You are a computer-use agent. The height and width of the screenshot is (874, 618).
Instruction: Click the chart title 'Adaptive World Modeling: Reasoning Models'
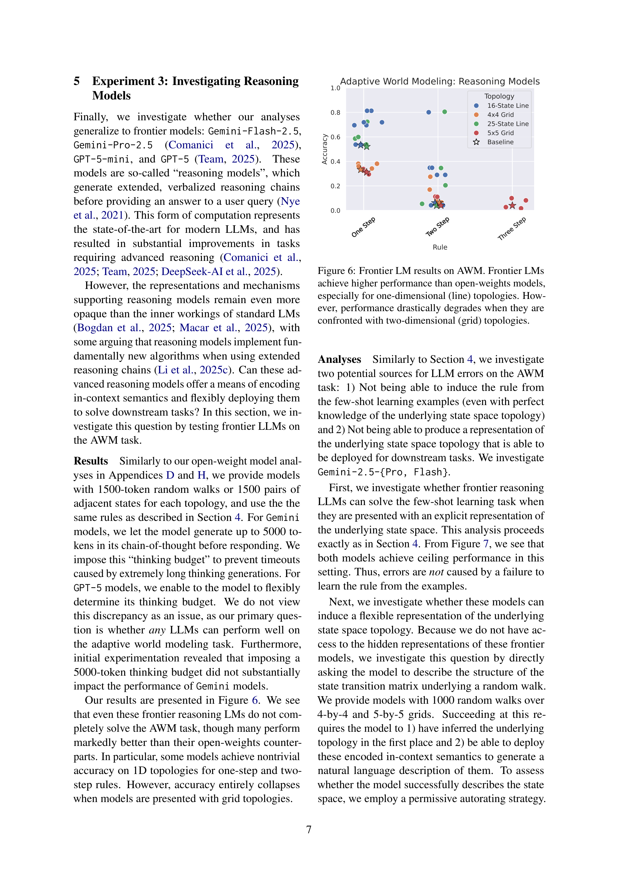439,81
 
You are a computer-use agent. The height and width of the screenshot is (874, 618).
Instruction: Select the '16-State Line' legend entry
508,106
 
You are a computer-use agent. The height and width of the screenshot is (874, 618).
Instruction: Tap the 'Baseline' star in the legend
476,142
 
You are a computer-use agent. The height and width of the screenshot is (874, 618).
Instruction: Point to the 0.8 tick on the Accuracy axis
335,113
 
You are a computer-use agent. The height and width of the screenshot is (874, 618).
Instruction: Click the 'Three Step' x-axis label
512,228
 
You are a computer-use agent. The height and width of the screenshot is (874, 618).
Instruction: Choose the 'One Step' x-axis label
363,227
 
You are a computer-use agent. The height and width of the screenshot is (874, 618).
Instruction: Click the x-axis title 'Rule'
440,247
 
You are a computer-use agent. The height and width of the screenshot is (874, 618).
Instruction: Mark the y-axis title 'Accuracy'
325,149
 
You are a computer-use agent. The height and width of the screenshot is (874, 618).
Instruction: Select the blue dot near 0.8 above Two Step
429,112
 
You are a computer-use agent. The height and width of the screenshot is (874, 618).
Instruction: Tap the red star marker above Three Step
512,206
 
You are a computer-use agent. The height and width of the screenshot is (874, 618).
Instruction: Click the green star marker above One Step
366,146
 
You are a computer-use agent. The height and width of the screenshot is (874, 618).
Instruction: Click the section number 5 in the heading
77,81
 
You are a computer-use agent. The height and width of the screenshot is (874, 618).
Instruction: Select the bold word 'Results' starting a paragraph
91,461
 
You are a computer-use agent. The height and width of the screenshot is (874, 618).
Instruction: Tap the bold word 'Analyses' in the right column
339,359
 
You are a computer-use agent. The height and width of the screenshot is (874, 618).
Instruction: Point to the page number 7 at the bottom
309,830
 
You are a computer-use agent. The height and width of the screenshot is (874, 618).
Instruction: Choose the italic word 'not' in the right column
436,572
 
